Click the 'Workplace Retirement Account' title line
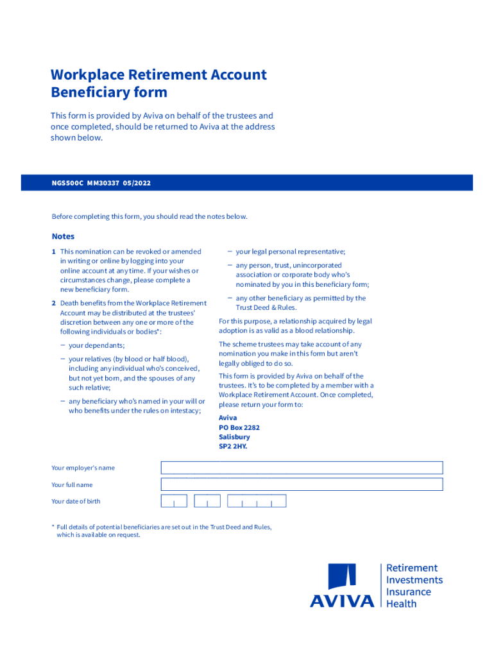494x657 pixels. pyautogui.click(x=158, y=74)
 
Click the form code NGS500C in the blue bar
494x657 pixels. pyautogui.click(x=67, y=183)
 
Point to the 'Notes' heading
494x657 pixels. pyautogui.click(x=63, y=236)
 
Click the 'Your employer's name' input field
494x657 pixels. pyautogui.click(x=302, y=468)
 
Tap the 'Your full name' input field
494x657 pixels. pyautogui.click(x=302, y=484)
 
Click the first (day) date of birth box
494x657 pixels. pyautogui.click(x=174, y=501)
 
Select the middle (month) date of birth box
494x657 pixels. pyautogui.click(x=207, y=501)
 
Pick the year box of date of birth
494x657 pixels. pyautogui.click(x=257, y=501)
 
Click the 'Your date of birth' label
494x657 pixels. pyautogui.click(x=76, y=501)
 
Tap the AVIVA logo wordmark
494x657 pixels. pyautogui.click(x=342, y=601)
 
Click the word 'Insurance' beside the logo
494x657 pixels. pyautogui.click(x=408, y=592)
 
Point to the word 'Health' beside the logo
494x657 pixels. pyautogui.click(x=401, y=604)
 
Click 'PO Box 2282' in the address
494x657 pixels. pyautogui.click(x=239, y=427)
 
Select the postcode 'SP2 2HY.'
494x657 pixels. pyautogui.click(x=233, y=447)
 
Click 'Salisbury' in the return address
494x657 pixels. pyautogui.click(x=234, y=437)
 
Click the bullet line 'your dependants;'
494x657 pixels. pyautogui.click(x=97, y=345)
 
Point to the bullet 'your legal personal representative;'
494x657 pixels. pyautogui.click(x=291, y=252)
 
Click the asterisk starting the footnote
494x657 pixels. pyautogui.click(x=53, y=527)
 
